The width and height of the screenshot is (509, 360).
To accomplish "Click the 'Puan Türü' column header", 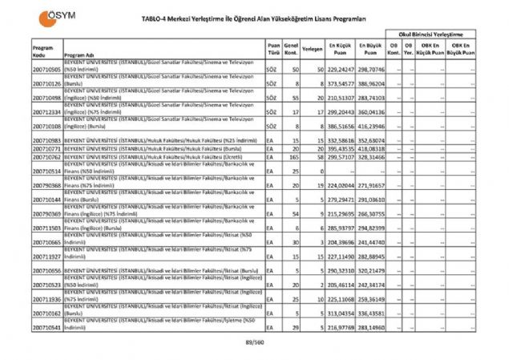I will [x=273, y=48].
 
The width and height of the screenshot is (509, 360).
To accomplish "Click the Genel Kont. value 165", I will [x=295, y=158].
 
